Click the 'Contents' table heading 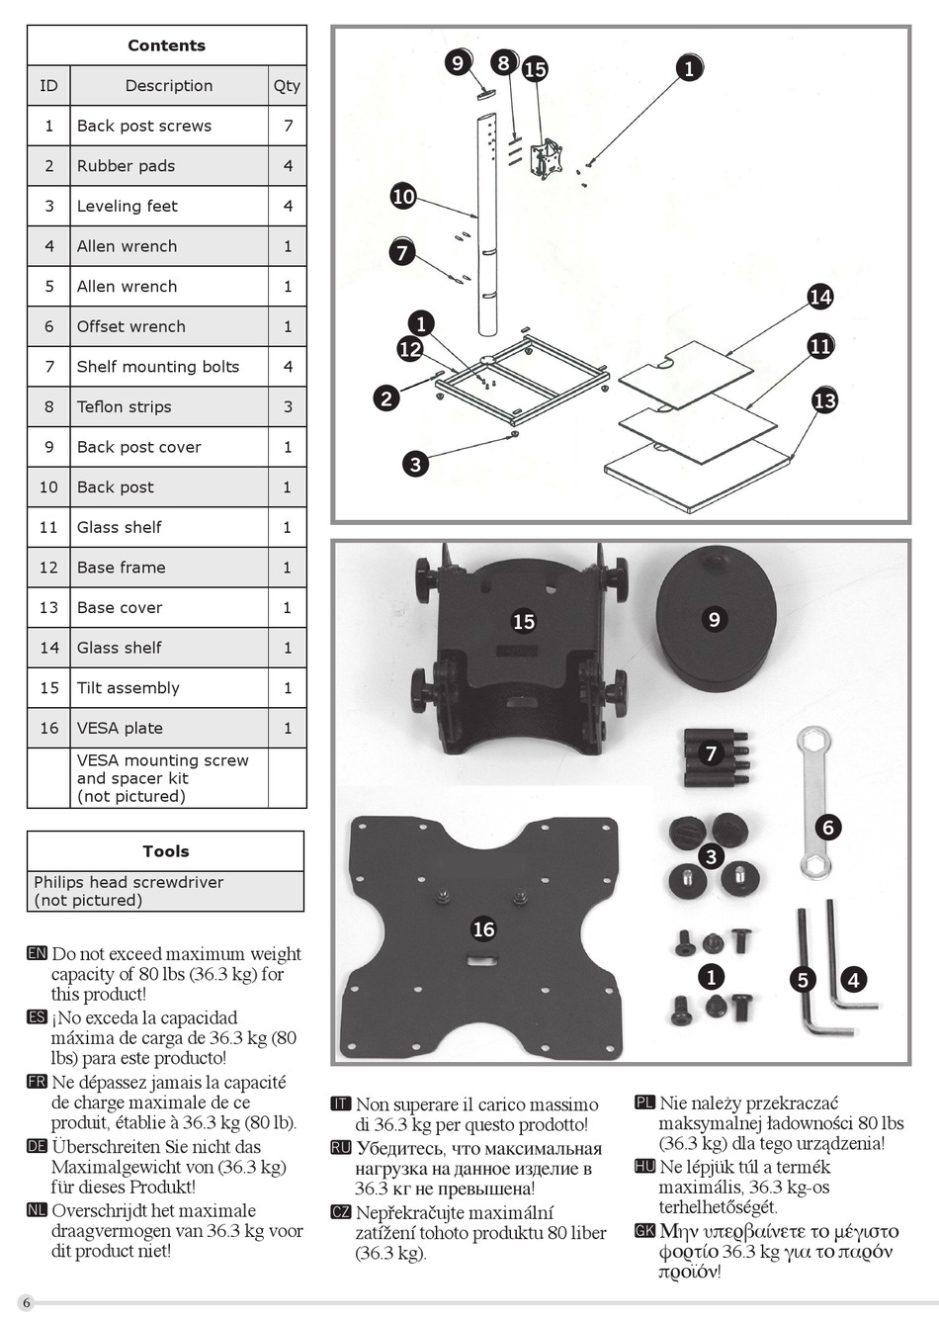(166, 45)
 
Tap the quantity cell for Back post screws (288, 126)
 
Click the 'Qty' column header (287, 86)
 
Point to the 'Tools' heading (165, 851)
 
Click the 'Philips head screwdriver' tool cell (128, 891)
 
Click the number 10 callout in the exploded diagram (403, 196)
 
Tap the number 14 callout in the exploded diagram (820, 296)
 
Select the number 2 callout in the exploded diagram (386, 398)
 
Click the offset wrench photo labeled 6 (815, 801)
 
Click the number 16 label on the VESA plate (483, 929)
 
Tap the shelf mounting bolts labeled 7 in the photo (715, 757)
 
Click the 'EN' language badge (38, 953)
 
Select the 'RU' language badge (341, 1148)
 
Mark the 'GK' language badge (644, 1231)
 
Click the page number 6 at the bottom (27, 1302)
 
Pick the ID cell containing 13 (48, 607)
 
